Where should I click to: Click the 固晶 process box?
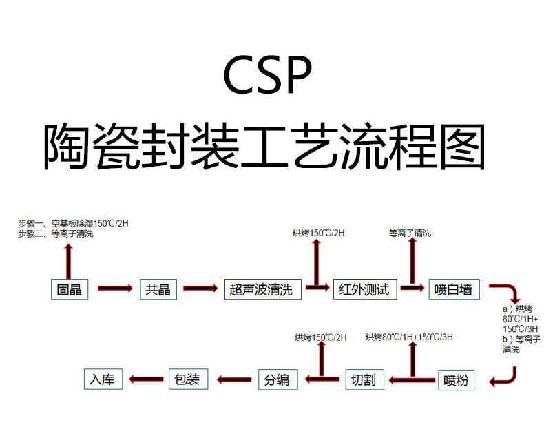pyautogui.click(x=70, y=289)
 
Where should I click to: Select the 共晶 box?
pyautogui.click(x=158, y=289)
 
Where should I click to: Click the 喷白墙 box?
pyautogui.click(x=454, y=289)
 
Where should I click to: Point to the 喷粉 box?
pyautogui.click(x=456, y=379)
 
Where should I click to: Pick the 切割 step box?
pyautogui.click(x=363, y=379)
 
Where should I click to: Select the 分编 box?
pyautogui.click(x=278, y=379)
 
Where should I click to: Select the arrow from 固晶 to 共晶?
pyautogui.click(x=114, y=289)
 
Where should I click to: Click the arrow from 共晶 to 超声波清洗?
pyautogui.click(x=200, y=289)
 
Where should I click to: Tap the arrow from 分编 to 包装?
pyautogui.click(x=234, y=379)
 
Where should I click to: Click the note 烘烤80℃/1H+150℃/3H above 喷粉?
pyautogui.click(x=409, y=337)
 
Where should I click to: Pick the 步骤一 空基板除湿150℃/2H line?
pyautogui.click(x=73, y=222)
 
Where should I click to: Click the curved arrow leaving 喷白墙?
pyautogui.click(x=508, y=290)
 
